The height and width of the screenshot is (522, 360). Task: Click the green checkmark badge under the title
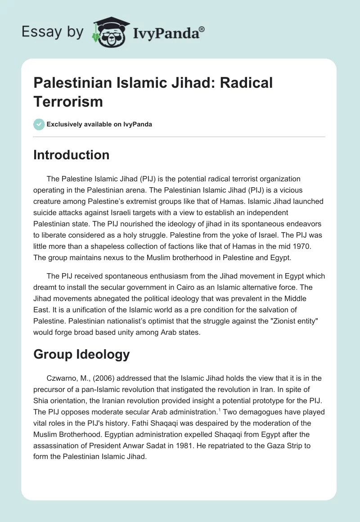(x=39, y=124)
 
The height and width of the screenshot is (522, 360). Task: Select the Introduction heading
(x=72, y=155)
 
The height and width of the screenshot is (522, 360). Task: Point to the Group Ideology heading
(x=81, y=354)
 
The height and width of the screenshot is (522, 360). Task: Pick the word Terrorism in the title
(x=68, y=102)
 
